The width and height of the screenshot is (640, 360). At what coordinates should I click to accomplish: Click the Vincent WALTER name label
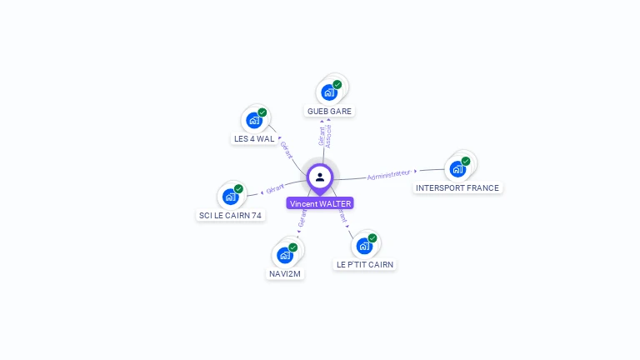click(320, 203)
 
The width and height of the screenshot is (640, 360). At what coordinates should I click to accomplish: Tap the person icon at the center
click(320, 177)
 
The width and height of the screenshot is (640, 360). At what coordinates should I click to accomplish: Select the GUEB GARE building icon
click(329, 92)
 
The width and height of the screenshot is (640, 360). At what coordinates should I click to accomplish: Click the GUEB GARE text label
click(329, 112)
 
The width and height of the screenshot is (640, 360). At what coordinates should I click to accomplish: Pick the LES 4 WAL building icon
click(254, 120)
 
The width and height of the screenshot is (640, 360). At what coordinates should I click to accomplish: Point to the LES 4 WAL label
click(254, 139)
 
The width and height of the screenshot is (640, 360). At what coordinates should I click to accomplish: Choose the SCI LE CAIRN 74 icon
click(230, 197)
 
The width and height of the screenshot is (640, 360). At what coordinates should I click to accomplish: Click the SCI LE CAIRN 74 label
click(230, 216)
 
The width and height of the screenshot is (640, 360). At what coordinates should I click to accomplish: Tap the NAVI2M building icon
click(285, 255)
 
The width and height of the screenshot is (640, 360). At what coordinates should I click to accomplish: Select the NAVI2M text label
click(285, 274)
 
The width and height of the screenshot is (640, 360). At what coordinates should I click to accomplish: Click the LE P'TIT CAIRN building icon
click(364, 246)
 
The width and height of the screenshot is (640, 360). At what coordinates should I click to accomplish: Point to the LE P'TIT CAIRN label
click(364, 265)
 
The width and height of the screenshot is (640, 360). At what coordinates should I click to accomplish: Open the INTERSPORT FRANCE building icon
click(457, 168)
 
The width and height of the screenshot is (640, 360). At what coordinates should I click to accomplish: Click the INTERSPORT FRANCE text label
click(457, 188)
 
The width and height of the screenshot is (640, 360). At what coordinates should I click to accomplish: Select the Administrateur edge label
click(388, 175)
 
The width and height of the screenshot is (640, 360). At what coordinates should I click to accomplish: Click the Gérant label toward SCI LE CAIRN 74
click(275, 188)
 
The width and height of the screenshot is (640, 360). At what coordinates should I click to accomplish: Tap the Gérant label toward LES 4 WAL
click(287, 149)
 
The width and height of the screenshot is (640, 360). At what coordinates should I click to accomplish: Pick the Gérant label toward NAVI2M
click(302, 220)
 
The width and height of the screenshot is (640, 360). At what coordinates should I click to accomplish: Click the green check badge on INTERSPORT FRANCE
click(466, 161)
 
